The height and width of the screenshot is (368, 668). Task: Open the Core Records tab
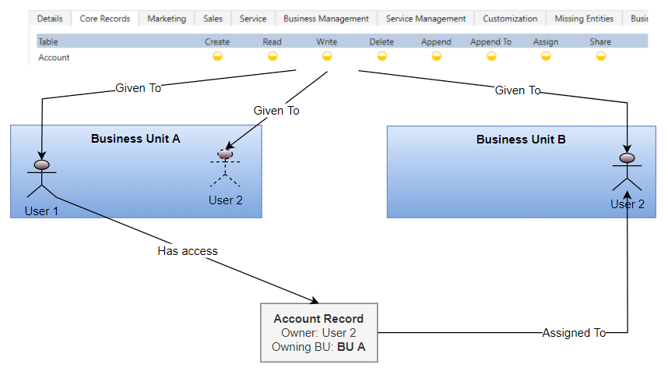(x=104, y=19)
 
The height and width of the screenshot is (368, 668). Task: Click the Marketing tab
(x=167, y=19)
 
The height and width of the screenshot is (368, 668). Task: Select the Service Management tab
(x=425, y=19)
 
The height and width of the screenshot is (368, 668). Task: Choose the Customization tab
(x=510, y=19)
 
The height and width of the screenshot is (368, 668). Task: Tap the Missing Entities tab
(x=584, y=19)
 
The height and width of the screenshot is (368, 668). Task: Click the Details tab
(x=50, y=19)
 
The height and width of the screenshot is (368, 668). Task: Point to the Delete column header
(x=381, y=42)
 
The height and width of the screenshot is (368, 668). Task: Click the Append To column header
(x=490, y=42)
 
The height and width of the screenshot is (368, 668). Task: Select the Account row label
(x=54, y=57)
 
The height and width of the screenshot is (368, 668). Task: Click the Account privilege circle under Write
(x=327, y=56)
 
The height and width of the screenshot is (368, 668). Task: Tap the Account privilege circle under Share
(x=600, y=56)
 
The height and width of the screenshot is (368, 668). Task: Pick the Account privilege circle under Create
(x=217, y=56)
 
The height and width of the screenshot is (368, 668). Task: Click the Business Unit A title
(x=135, y=139)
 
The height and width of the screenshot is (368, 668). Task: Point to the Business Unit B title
(x=521, y=140)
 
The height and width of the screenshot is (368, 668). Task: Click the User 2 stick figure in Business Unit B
(x=627, y=173)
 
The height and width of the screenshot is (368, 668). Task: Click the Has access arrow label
(x=188, y=251)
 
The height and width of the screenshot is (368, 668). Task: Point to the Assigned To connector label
(x=574, y=333)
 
